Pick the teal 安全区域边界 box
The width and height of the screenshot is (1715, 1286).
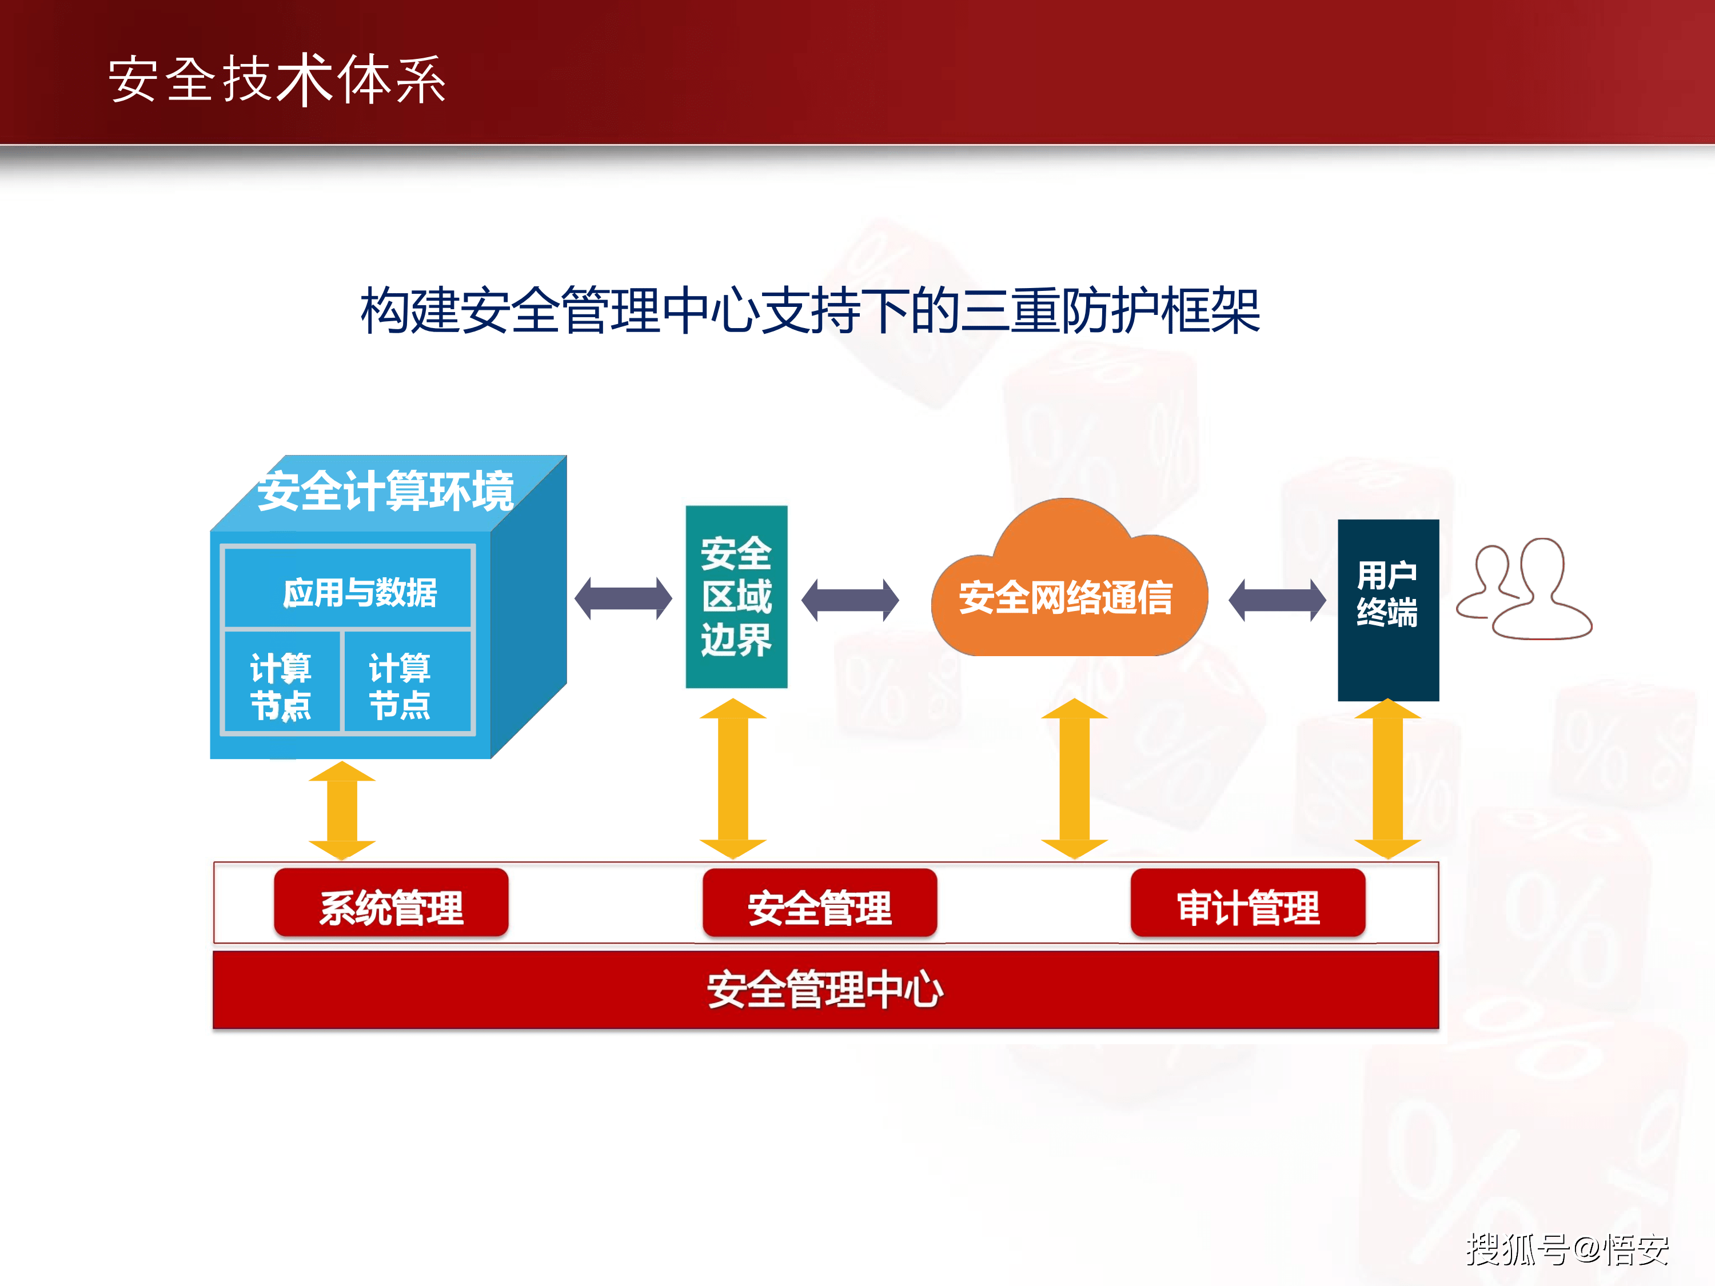tap(736, 596)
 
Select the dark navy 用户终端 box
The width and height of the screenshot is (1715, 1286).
tap(1388, 609)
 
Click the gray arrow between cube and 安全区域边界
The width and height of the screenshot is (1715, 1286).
tap(623, 598)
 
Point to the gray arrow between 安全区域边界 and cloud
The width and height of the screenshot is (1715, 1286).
tap(849, 599)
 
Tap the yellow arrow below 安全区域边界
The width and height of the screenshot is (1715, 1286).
tap(733, 779)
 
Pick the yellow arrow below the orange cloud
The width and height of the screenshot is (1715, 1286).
tap(1074, 779)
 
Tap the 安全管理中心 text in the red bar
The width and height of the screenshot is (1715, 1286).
tap(825, 990)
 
